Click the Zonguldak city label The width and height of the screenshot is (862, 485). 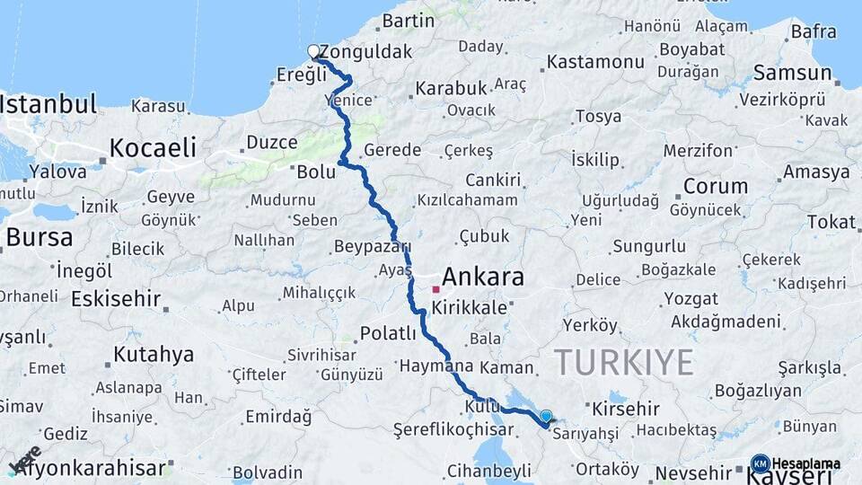pos(365,52)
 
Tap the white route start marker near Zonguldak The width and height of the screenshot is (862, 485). pos(313,51)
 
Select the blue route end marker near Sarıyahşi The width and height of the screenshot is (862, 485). pos(545,416)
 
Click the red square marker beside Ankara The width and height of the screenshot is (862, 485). pos(435,289)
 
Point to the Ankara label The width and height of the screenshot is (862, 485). pos(483,278)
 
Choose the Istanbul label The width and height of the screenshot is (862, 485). pos(48,104)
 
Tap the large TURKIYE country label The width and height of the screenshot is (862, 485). pos(624,363)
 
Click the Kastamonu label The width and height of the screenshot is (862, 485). pos(595,62)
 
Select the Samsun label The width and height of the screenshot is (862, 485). pos(792,73)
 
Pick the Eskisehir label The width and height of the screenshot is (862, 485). pos(116,299)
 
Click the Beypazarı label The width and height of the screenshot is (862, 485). pos(372,246)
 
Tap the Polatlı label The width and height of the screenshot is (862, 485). pos(388,333)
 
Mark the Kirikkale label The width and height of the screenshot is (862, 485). pos(469,307)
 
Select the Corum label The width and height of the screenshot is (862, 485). pos(715,187)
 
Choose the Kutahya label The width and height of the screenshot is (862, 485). pos(154,355)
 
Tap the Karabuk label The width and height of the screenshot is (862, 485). pos(451,88)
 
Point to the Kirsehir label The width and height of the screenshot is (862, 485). pos(626,410)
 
